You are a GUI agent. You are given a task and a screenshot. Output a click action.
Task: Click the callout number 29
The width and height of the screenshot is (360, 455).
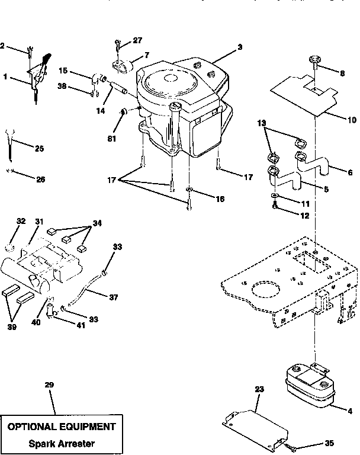click(x=49, y=384)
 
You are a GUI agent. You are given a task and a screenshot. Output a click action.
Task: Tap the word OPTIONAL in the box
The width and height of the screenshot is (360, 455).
click(x=33, y=426)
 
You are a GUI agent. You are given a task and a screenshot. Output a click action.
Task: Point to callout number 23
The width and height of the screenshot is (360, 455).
click(x=258, y=390)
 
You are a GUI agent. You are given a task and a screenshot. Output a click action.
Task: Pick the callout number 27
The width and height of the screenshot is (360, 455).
click(x=137, y=40)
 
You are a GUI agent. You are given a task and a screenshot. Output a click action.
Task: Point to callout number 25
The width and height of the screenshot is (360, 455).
click(x=39, y=148)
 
